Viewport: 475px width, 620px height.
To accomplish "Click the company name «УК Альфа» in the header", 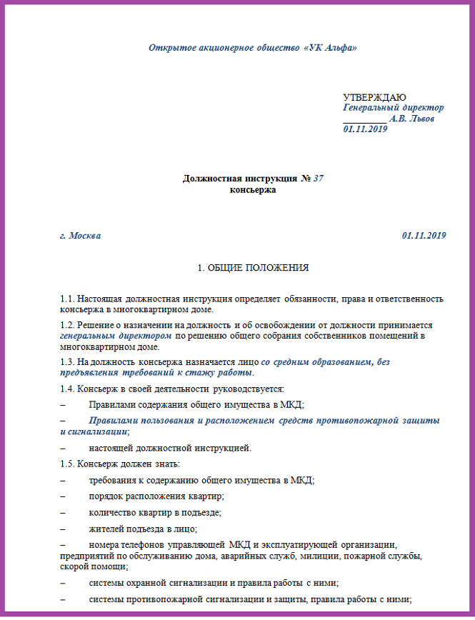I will [330, 48].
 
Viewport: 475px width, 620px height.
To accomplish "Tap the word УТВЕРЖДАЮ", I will [374, 97].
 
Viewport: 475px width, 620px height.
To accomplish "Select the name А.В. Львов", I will [411, 119].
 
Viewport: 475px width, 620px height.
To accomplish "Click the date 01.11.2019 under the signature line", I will [365, 129].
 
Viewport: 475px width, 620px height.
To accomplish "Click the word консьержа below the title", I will [253, 190].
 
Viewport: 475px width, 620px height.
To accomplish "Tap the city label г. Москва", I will [81, 235].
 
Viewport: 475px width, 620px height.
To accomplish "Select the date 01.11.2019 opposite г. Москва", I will [424, 235].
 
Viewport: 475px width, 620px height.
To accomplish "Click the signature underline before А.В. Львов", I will [364, 119].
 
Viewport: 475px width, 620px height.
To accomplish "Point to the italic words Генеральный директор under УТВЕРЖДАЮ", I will [394, 108].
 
